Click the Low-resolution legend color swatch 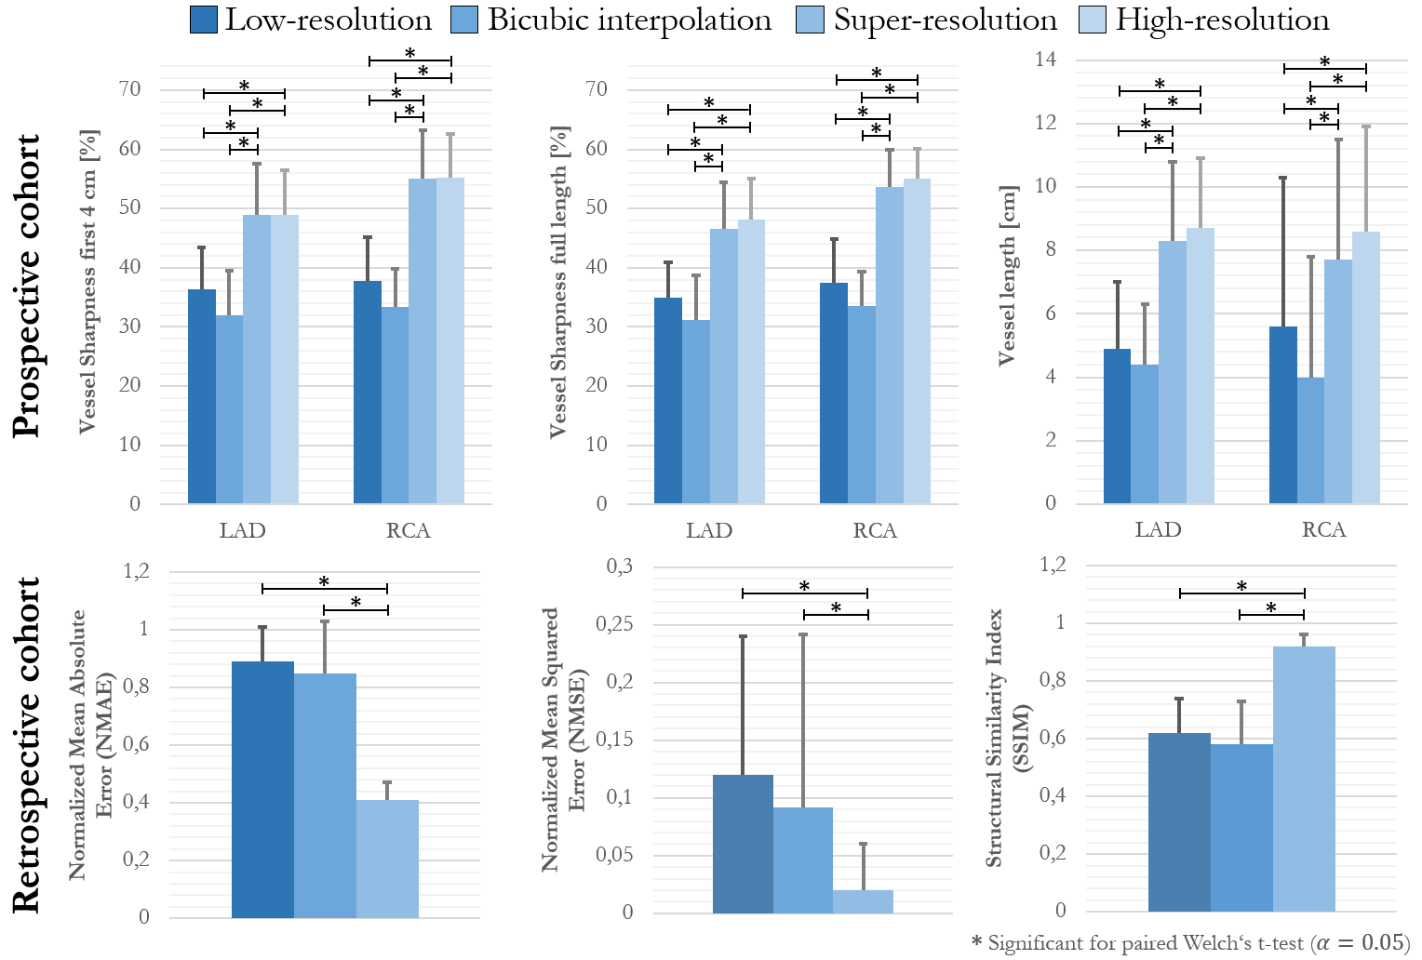tap(204, 20)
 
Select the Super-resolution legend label tap(945, 20)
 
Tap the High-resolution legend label tap(1222, 20)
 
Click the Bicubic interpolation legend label tap(629, 20)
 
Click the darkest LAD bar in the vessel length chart tap(1117, 426)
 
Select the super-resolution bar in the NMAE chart tap(387, 858)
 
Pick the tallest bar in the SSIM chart tap(1304, 779)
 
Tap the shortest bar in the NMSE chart tap(863, 901)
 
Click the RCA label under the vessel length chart tap(1323, 530)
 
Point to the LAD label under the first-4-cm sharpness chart tap(243, 530)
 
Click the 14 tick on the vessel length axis tap(1045, 60)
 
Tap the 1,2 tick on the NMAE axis tap(136, 571)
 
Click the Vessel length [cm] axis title tap(1007, 275)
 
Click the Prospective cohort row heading tap(28, 285)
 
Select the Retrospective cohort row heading tap(28, 744)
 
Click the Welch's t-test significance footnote tap(1190, 943)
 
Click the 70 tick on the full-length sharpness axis tap(596, 89)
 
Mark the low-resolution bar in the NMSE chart tap(743, 844)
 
